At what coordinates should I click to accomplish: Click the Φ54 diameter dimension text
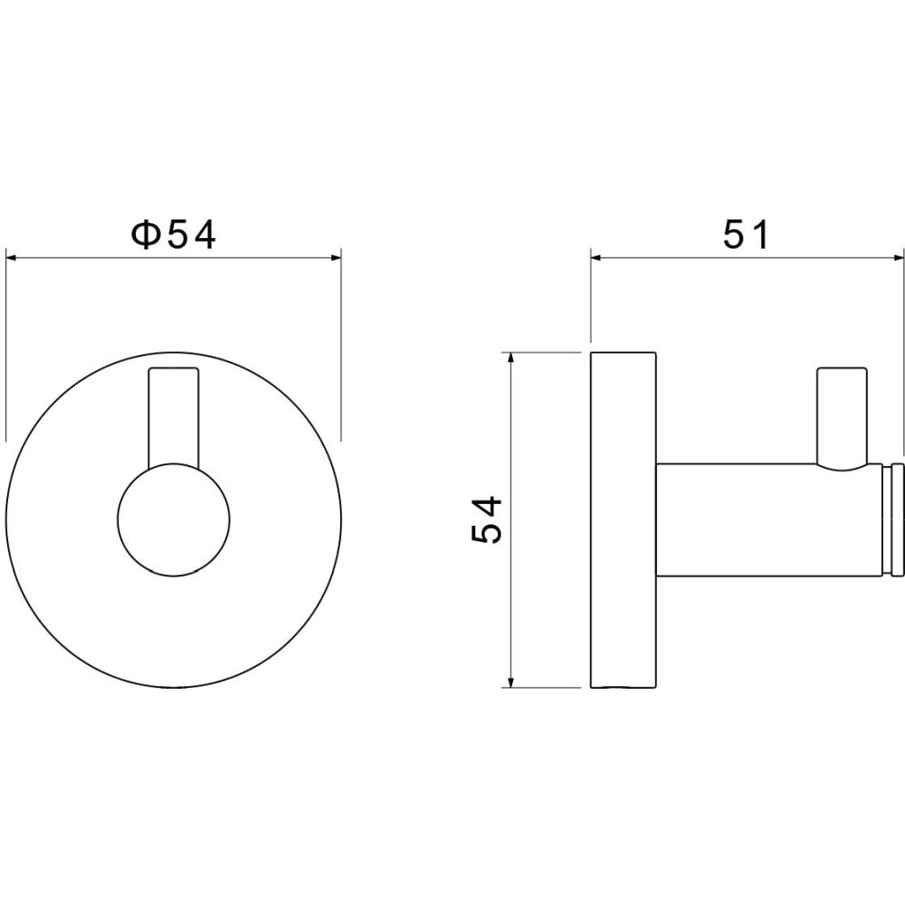tap(174, 235)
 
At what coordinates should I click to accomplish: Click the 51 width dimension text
tap(746, 235)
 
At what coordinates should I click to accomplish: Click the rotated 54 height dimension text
tap(487, 519)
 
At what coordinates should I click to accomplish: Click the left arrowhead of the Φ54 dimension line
tap(13, 258)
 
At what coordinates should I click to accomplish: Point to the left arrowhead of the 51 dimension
tap(597, 258)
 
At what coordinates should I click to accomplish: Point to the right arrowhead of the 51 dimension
tap(896, 258)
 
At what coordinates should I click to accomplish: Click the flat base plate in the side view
tap(624, 519)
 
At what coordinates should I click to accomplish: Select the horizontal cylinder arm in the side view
tap(765, 520)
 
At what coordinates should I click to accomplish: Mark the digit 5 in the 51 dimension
tap(735, 235)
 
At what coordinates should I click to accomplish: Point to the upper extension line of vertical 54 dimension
tap(543, 350)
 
